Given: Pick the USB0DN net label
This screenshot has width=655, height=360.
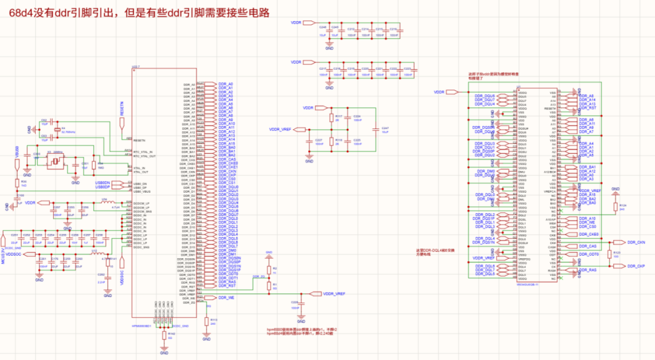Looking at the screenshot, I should (102, 182).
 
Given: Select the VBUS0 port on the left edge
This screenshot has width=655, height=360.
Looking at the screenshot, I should (17, 154).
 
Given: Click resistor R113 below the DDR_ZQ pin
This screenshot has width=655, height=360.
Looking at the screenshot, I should (206, 321).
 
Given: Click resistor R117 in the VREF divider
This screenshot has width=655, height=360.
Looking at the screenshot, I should (331, 118).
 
